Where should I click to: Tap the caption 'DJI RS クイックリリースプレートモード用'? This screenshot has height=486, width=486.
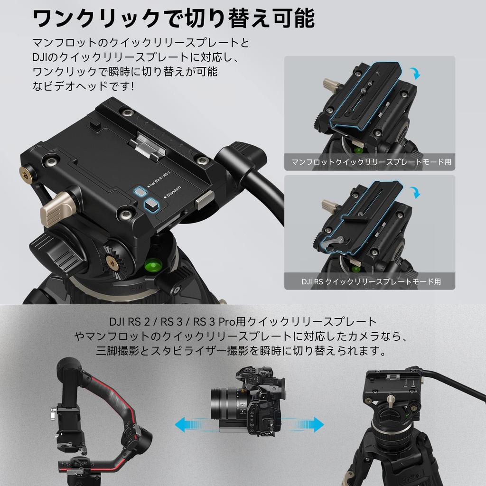coord(371,281)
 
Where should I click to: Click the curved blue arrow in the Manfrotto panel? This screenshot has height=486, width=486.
coord(416,73)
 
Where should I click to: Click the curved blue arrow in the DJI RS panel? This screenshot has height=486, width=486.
coord(416,192)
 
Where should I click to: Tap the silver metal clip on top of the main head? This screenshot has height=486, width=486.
coord(148,144)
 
